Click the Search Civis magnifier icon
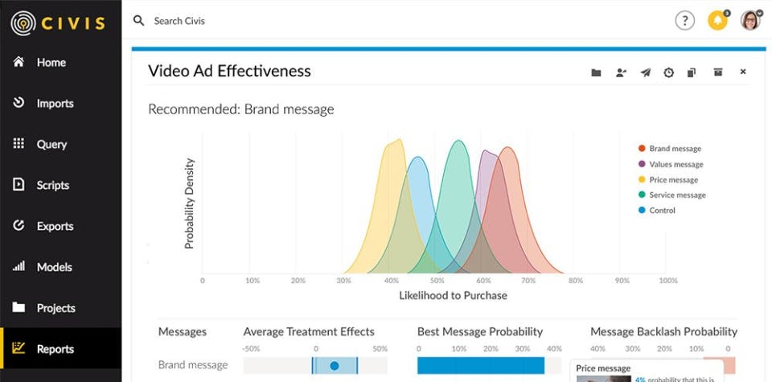pyautogui.click(x=139, y=21)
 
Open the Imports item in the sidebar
pyautogui.click(x=54, y=103)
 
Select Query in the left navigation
pyautogui.click(x=51, y=144)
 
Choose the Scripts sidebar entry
pyautogui.click(x=52, y=185)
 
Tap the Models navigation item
pyautogui.click(x=53, y=267)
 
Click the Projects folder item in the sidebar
pyautogui.click(x=55, y=308)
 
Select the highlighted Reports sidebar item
pyautogui.click(x=54, y=349)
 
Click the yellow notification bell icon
pyautogui.click(x=717, y=21)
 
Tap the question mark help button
pyautogui.click(x=684, y=21)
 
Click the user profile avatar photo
pyautogui.click(x=750, y=21)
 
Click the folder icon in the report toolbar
pyautogui.click(x=596, y=72)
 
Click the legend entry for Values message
pyautogui.click(x=675, y=164)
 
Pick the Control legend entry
pyautogui.click(x=662, y=211)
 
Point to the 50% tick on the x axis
pyautogui.click(x=437, y=281)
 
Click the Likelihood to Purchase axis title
pyautogui.click(x=453, y=295)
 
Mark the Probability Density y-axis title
pyautogui.click(x=190, y=203)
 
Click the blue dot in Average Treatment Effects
pyautogui.click(x=335, y=366)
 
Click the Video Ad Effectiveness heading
pyautogui.click(x=229, y=71)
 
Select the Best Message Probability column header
pyautogui.click(x=480, y=331)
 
